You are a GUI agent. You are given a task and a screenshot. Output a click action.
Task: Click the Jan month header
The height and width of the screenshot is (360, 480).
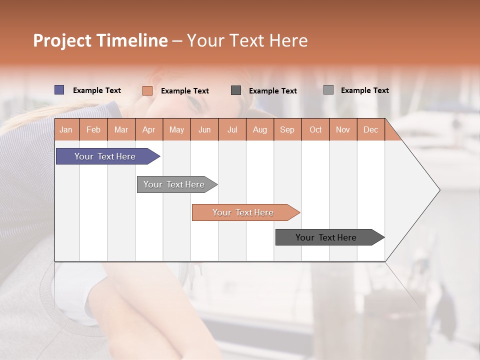pos(66,129)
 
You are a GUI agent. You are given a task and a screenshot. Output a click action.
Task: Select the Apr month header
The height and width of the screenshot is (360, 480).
pos(148,129)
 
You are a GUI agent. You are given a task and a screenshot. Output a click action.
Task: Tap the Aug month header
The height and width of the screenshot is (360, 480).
pos(259,129)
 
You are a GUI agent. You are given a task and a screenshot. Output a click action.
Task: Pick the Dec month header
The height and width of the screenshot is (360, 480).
pos(370,129)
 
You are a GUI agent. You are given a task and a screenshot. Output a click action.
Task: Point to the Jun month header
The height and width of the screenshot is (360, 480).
pos(204,129)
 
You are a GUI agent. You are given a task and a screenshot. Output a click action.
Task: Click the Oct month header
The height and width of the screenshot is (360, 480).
pos(315,129)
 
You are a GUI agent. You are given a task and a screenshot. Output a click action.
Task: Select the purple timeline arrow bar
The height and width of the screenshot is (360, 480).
pos(105,156)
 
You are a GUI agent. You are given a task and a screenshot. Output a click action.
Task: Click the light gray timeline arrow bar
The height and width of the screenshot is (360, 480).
pos(174,184)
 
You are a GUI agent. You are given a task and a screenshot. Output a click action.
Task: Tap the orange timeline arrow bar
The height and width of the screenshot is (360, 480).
pos(243,212)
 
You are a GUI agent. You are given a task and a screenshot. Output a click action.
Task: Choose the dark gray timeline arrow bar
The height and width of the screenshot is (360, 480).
pos(326,237)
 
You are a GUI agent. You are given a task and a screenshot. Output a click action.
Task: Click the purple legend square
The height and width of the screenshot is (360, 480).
pos(59,90)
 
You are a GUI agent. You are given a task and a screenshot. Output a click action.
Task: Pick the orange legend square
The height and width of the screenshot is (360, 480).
pos(147,90)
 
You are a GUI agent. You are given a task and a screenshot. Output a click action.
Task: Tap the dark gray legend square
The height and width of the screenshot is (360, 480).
pos(236,90)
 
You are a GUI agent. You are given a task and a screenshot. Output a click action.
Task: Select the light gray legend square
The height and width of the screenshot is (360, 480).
pos(328,90)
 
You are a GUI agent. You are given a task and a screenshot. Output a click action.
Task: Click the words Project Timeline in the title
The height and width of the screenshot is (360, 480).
pos(100,40)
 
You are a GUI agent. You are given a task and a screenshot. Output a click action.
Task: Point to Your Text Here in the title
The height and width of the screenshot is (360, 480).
pos(247,40)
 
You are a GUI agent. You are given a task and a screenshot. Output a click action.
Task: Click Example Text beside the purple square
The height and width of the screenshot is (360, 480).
pos(97,90)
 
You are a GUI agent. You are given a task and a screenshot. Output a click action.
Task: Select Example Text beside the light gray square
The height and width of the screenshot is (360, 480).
pos(364,90)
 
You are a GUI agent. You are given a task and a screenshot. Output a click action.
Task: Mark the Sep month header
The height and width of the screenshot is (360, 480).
pos(287,129)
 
